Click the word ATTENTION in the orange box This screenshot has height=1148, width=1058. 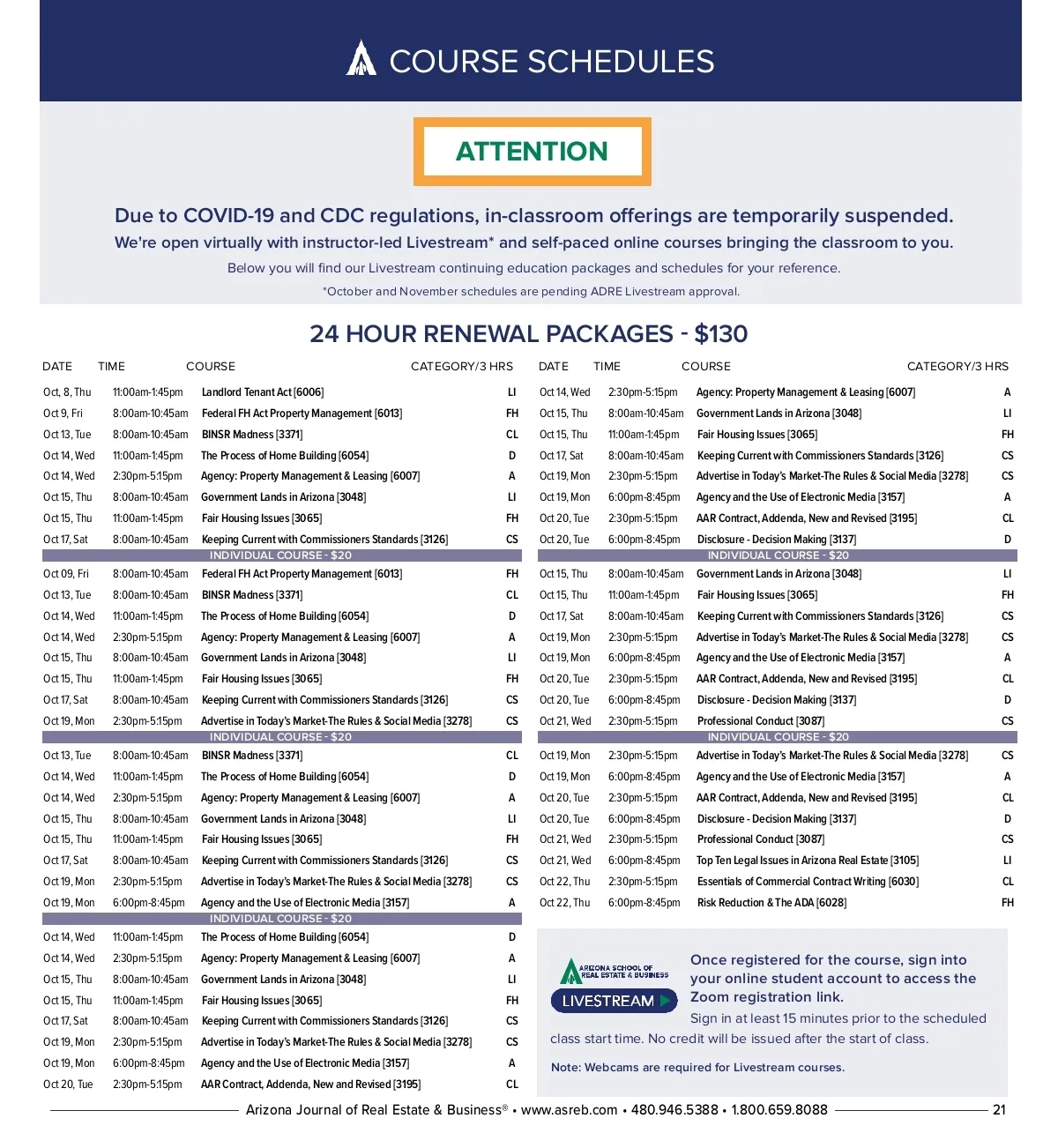point(532,152)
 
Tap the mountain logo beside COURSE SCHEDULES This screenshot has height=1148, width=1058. point(361,59)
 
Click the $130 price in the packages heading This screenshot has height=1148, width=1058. point(720,334)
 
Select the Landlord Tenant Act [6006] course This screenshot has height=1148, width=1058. point(262,392)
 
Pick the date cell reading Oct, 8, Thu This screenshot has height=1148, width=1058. point(67,392)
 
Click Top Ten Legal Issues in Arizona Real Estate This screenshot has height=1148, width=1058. point(807,861)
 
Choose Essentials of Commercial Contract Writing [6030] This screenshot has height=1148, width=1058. point(807,882)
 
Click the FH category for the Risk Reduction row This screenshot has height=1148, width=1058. point(1007,903)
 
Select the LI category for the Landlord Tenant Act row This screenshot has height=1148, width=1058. point(511,392)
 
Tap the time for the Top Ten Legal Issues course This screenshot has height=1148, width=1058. point(644,861)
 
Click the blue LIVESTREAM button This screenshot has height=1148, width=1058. point(614,1001)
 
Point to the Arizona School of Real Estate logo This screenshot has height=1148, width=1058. point(614,972)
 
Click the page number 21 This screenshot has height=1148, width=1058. point(999,1110)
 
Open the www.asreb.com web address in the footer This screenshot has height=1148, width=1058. point(569,1110)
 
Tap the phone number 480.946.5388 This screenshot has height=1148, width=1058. point(674,1110)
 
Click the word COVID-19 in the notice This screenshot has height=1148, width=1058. point(228,216)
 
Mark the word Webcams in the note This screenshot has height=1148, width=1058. point(611,1068)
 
